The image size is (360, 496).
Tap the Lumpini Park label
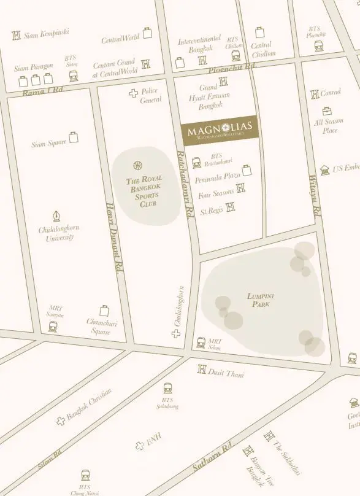pos(260,300)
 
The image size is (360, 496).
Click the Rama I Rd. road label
pos(43,91)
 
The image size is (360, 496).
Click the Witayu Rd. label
pos(314,195)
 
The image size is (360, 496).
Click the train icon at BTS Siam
pos(73,76)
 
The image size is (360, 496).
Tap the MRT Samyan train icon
pos(53,327)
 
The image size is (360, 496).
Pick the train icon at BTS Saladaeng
pos(167,389)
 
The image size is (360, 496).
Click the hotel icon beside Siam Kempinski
pos(17,35)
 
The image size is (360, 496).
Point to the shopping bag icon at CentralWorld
pos(147,33)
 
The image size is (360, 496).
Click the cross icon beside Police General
pos(133,93)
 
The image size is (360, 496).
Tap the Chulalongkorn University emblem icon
pos(57,216)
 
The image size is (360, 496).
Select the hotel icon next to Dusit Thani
pos(202,369)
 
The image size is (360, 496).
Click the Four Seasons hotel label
pos(216,195)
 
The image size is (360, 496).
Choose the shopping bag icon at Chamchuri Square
pos(104,310)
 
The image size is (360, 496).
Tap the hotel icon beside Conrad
pos(315,93)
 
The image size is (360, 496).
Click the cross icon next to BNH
pos(140,446)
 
